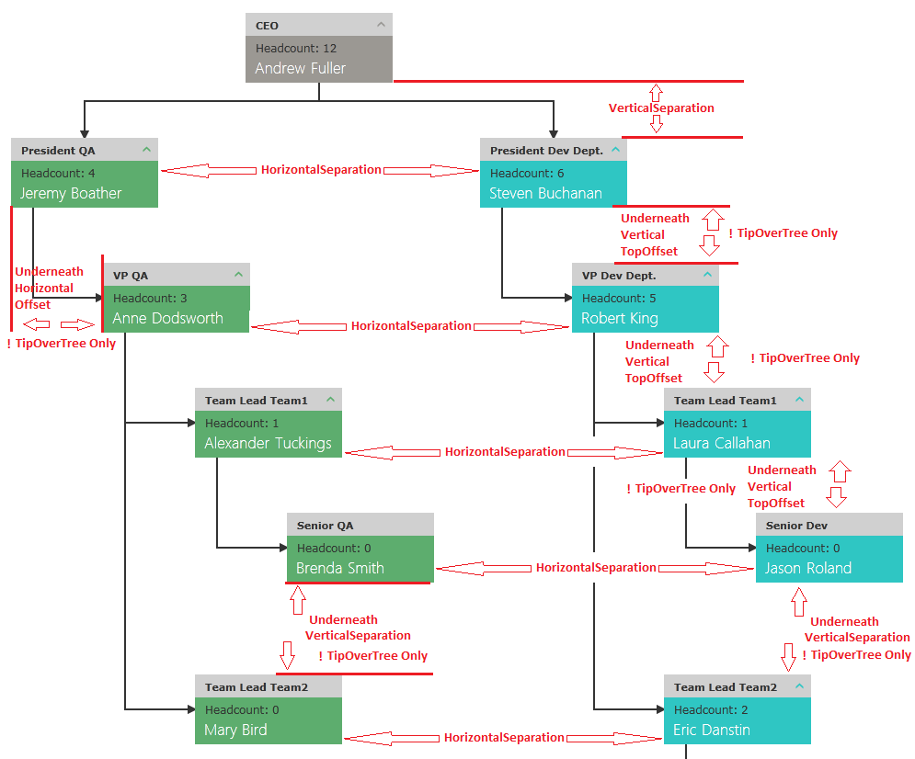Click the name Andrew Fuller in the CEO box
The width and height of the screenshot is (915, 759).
tap(301, 68)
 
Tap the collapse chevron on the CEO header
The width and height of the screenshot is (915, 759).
tap(381, 24)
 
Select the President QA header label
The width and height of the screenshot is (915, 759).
tap(58, 150)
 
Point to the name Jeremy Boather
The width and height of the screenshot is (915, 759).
tap(71, 193)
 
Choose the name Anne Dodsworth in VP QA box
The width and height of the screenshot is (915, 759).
tap(167, 318)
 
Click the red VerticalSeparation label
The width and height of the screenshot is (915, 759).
tap(661, 108)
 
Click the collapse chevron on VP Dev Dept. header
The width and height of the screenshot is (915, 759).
tap(707, 274)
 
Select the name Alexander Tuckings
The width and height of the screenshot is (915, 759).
tap(268, 443)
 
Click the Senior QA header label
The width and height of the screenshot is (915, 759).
tap(325, 526)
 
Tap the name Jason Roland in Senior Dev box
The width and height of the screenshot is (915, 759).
tap(807, 568)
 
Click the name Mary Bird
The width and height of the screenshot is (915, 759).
tap(235, 730)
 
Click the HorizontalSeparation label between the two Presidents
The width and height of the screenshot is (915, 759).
tap(320, 169)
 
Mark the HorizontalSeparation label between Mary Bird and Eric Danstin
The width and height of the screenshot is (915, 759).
tap(504, 737)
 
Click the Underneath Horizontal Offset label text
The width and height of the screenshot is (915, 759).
tap(49, 288)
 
